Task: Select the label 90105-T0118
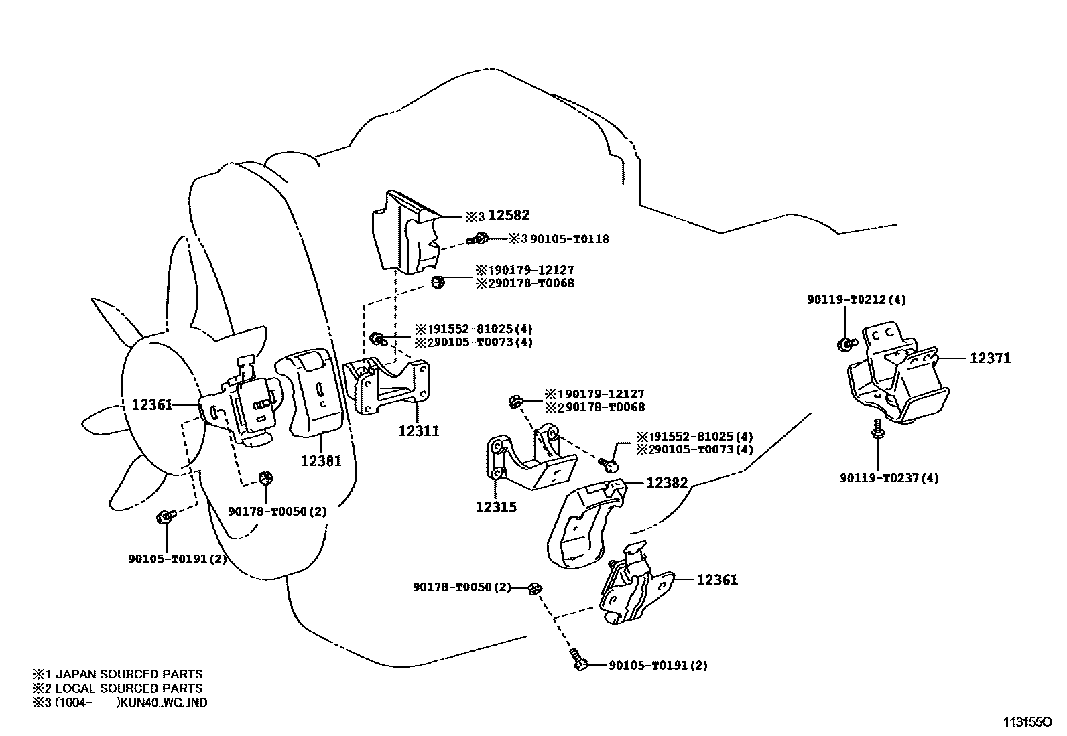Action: point(569,238)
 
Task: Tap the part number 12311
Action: point(419,431)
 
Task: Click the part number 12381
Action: point(321,461)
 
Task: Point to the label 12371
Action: point(990,358)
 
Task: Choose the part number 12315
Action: point(496,507)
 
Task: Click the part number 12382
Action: point(667,482)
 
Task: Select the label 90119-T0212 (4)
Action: point(856,300)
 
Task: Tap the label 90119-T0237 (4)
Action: point(889,478)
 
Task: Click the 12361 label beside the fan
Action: point(152,404)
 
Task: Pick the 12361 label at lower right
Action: point(717,579)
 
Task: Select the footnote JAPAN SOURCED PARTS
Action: point(128,674)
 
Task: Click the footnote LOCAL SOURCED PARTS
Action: point(128,688)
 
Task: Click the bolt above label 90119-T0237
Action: point(877,429)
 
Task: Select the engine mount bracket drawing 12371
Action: point(898,382)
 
